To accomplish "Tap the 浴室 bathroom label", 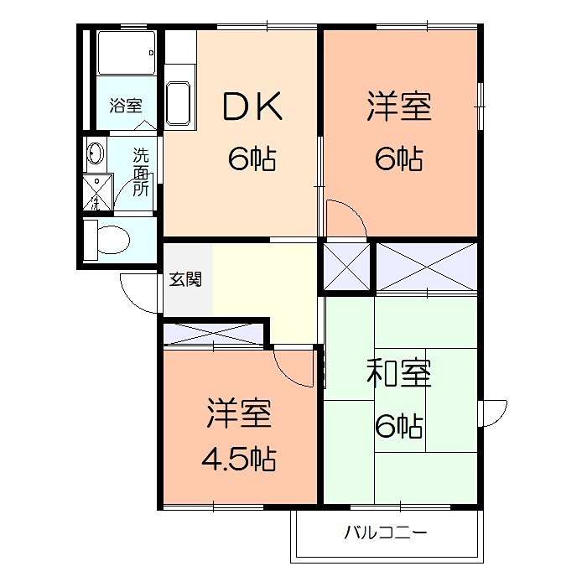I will (126, 106).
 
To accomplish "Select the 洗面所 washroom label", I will (142, 172).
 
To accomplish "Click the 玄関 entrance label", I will (186, 279).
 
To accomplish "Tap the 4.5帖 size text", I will (239, 460).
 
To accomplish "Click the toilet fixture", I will (108, 238).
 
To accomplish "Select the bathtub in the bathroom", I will (126, 54).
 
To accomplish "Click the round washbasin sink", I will (95, 154).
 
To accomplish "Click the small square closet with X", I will (345, 266).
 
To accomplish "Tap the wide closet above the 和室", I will (427, 266).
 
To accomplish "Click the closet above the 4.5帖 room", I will (214, 334).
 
